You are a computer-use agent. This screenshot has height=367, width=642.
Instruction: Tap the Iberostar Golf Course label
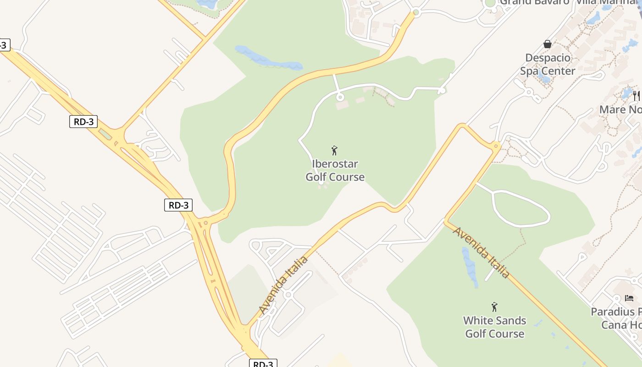(x=335, y=170)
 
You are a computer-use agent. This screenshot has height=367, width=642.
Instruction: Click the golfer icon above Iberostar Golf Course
(x=334, y=150)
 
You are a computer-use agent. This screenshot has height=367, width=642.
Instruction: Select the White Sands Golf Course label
(x=494, y=327)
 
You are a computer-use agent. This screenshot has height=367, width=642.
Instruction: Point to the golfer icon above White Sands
(x=494, y=307)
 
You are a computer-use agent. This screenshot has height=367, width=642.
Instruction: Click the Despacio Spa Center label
(x=548, y=64)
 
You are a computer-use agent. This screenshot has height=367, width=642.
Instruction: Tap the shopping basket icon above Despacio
(x=547, y=44)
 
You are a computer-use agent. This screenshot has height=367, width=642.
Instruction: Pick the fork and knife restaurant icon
(x=636, y=95)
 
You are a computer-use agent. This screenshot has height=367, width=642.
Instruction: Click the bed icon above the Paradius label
(x=629, y=298)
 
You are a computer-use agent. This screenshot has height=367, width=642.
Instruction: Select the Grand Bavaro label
(x=534, y=2)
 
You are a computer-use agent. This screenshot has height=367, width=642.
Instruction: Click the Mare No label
(x=620, y=110)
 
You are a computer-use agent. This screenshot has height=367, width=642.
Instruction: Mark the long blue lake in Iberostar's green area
(x=268, y=59)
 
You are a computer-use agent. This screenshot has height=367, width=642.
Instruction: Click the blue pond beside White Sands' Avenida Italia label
(x=469, y=267)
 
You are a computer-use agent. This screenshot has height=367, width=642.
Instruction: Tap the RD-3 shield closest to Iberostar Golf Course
(x=178, y=205)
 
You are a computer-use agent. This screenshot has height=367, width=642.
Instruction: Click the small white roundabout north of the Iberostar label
(x=340, y=97)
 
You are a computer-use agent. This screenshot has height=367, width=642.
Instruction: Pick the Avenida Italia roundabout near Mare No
(x=496, y=146)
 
